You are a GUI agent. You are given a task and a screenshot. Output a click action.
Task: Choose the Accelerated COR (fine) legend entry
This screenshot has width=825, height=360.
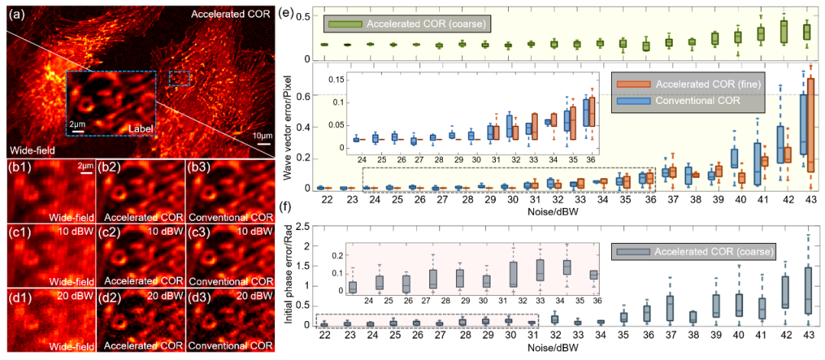[x=699, y=83]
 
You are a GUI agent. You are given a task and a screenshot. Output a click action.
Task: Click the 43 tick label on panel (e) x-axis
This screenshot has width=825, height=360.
[x=807, y=199]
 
